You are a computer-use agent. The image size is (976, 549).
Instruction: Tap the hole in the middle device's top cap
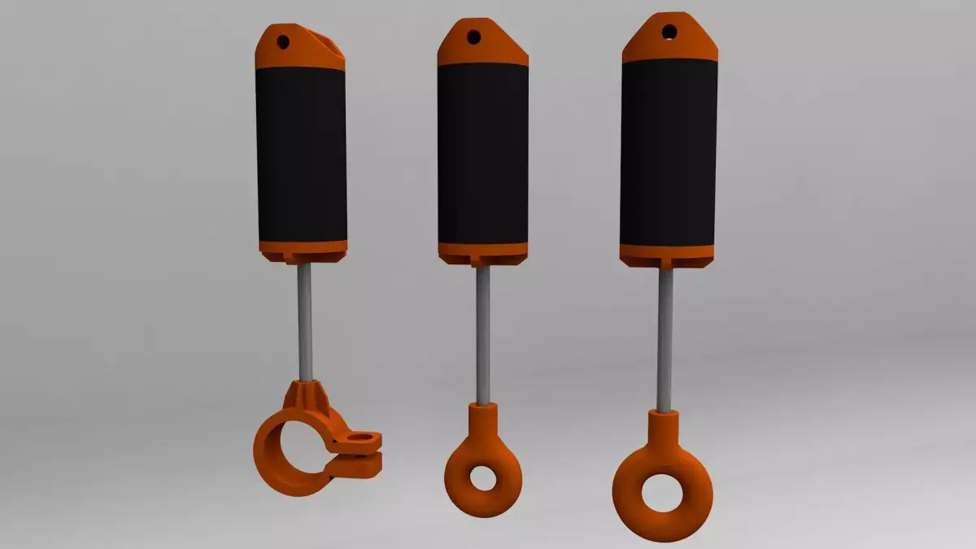[473, 36]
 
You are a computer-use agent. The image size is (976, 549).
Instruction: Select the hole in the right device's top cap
[669, 32]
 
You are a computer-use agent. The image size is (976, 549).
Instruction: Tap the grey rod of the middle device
[483, 333]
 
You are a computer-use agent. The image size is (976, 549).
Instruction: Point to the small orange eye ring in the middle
[483, 496]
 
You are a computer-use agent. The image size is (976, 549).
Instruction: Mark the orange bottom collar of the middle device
[482, 252]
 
